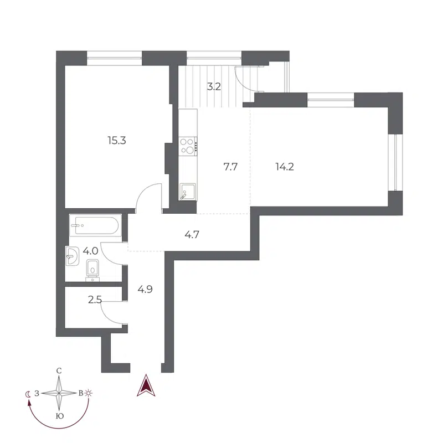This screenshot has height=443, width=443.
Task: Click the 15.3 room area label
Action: pos(117,141)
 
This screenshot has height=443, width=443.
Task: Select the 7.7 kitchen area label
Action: pos(230,166)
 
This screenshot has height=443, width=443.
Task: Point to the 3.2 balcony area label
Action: pos(214,86)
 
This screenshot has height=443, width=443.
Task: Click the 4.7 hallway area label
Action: pos(192,234)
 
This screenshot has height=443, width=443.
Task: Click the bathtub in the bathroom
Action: pos(94,225)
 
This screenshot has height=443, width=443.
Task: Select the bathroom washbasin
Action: pos(72,255)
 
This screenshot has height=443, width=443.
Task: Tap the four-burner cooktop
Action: pos(188,146)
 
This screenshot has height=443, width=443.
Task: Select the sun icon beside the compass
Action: pos(89,393)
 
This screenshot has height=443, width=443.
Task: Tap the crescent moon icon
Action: pos(28,394)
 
